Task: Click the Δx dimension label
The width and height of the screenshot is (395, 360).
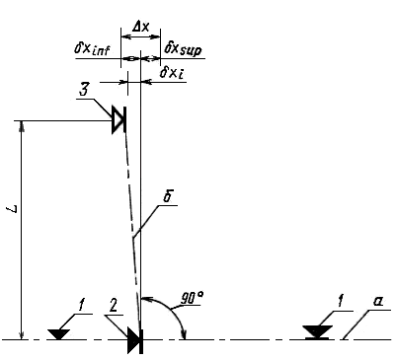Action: coord(140,28)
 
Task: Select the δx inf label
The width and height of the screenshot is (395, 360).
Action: coord(92,50)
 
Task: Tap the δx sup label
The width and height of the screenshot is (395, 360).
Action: coord(183,49)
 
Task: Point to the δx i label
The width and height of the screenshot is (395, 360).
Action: coord(172,73)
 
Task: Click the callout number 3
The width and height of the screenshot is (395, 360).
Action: coord(84,90)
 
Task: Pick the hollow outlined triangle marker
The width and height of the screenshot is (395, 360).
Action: coord(117,119)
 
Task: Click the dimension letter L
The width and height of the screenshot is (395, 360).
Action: coord(13,209)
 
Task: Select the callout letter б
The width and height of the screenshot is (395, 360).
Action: coord(168,196)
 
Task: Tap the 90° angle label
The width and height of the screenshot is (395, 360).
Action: coord(192,298)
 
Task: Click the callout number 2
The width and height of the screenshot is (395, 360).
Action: coord(113,306)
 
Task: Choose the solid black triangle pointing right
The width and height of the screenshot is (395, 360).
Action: coord(134,340)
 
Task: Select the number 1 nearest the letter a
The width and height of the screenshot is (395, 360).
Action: coord(340,301)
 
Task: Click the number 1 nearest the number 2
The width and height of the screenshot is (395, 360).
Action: coord(80,305)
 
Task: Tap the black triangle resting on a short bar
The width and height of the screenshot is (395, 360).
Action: coord(317,332)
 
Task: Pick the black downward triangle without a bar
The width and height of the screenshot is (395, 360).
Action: coord(58,333)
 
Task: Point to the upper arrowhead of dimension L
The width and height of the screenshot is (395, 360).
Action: coord(22,125)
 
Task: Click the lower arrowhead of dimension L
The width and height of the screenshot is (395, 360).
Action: coord(22,334)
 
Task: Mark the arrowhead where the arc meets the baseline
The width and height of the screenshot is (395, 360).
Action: coord(185,334)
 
